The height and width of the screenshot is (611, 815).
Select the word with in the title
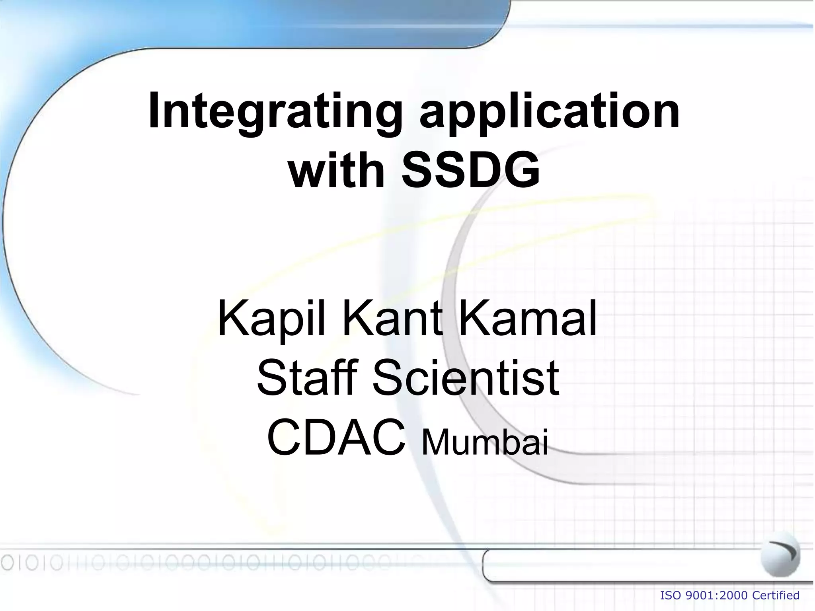tap(336, 171)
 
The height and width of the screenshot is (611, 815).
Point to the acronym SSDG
tap(471, 171)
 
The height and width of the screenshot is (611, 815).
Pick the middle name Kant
tap(392, 319)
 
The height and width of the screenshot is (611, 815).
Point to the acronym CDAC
tap(336, 438)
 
